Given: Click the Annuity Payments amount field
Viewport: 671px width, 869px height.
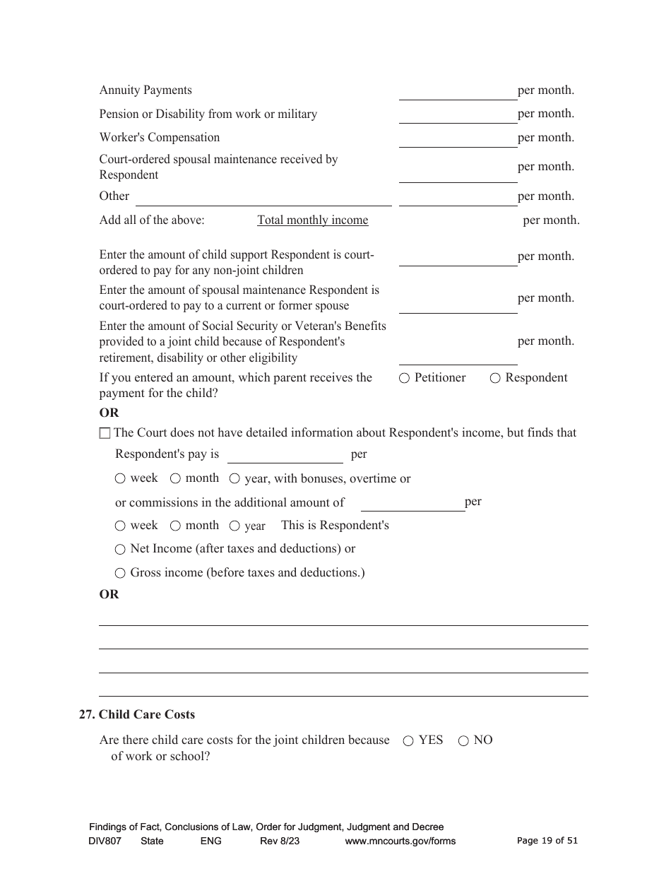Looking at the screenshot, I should click(458, 92).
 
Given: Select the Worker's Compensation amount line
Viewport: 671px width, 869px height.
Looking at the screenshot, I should click(458, 139).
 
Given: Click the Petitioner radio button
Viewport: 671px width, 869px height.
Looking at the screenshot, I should click(404, 378).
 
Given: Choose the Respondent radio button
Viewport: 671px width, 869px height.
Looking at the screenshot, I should click(495, 378).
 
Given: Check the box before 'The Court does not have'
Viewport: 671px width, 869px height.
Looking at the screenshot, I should click(105, 433).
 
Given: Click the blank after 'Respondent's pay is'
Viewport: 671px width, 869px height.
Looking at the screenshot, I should click(285, 456).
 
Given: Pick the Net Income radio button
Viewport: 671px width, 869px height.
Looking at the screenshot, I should click(120, 550).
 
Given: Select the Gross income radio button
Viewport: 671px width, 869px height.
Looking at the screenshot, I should click(120, 573).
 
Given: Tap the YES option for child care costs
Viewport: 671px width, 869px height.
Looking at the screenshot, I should click(408, 741).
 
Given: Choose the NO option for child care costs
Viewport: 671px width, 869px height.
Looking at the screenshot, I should click(463, 741).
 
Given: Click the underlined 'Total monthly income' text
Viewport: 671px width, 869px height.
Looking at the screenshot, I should click(312, 220).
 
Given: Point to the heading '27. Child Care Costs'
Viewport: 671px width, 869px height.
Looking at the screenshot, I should click(137, 715).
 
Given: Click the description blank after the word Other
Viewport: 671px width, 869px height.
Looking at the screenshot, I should click(263, 198).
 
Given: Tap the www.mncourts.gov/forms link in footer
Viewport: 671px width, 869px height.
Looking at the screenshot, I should click(400, 841).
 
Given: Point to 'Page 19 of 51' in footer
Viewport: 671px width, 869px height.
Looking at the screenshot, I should click(547, 841).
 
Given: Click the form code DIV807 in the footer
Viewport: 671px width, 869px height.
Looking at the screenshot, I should click(105, 841).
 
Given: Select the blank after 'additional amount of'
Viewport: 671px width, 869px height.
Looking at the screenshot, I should click(412, 504).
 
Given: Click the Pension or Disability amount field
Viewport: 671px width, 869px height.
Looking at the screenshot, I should click(458, 116).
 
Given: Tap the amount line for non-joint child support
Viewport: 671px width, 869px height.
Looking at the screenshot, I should click(458, 259).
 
